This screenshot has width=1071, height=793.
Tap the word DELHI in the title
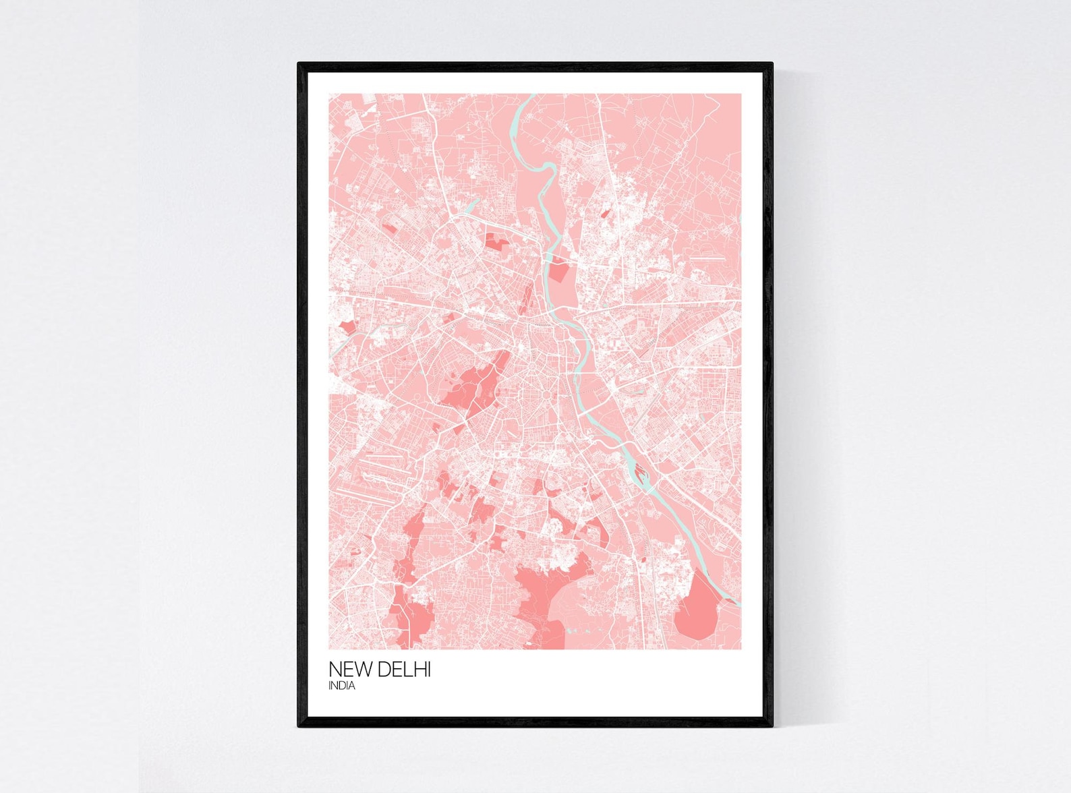pyautogui.click(x=404, y=670)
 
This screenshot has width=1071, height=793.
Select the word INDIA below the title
pyautogui.click(x=342, y=686)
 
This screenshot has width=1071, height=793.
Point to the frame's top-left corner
pyautogui.click(x=299, y=64)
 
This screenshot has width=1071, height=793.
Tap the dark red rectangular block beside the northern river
pyautogui.click(x=559, y=272)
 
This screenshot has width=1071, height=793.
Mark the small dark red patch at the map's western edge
pyautogui.click(x=348, y=327)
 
